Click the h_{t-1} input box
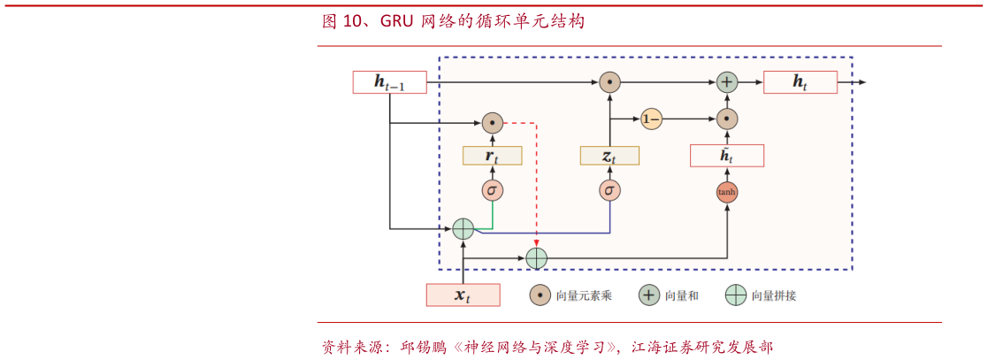pos(389,82)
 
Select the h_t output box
pos(800,82)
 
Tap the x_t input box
pos(463,295)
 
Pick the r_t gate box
pos(492,156)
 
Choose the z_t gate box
pos(609,156)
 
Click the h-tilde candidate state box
pos(726,156)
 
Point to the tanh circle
pos(726,191)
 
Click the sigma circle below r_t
pos(492,190)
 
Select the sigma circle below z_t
pos(609,190)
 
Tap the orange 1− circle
pos(651,119)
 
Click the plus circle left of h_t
pos(726,82)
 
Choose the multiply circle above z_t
pos(609,82)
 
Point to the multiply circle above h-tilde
pos(726,119)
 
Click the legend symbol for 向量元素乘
pos(540,295)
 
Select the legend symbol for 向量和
pos(648,295)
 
